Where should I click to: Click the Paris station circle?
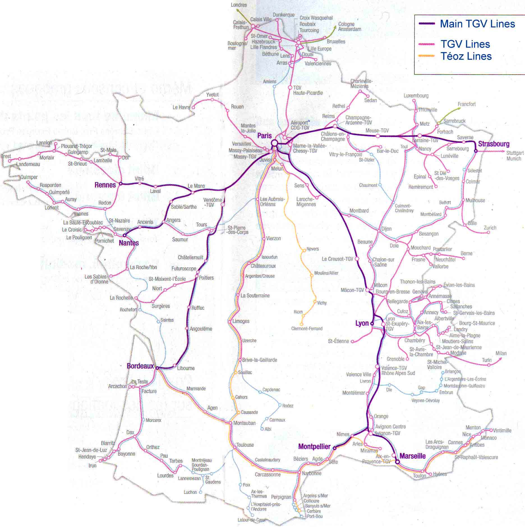pos(274,143)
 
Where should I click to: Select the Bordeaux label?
pos(140,366)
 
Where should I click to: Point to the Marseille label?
pos(412,456)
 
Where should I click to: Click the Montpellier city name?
pos(314,447)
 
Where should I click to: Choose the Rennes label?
pos(105,185)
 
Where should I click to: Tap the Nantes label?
pos(129,243)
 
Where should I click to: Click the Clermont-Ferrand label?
pos(307,328)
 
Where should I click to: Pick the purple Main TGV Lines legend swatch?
pos(427,24)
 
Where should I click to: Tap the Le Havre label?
pos(181,107)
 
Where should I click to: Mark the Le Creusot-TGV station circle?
pos(357,259)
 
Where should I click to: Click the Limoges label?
pos(241,321)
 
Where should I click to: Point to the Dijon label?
pos(386,229)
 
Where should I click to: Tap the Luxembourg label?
pos(416,96)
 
